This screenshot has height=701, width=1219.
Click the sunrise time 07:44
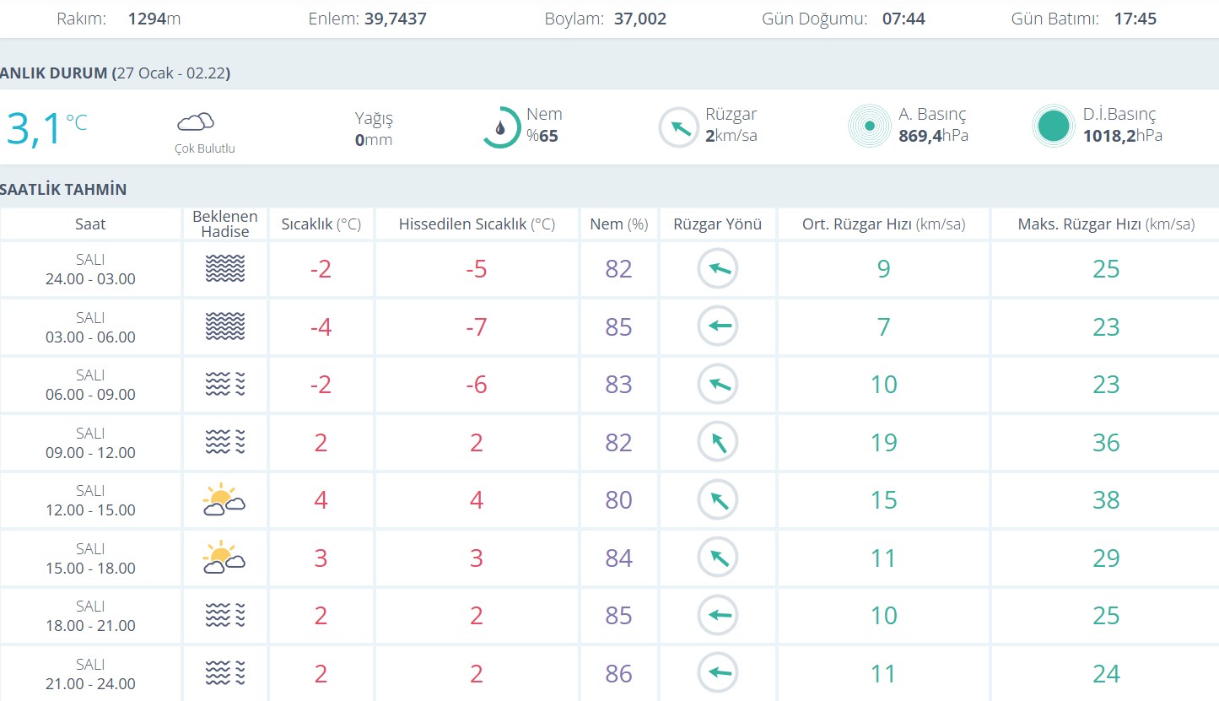[903, 19]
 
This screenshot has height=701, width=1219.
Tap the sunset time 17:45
[1135, 19]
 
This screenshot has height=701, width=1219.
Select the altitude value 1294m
[154, 19]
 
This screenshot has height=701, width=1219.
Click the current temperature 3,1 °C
[46, 128]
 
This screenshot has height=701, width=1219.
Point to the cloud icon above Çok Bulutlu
[195, 122]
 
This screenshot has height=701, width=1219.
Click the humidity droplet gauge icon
[501, 127]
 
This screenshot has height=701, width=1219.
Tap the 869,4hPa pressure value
[933, 135]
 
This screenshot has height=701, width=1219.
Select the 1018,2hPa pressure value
[1122, 135]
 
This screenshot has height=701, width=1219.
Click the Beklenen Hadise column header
[225, 224]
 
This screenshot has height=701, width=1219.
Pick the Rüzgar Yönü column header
[717, 224]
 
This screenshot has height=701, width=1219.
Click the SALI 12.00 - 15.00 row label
[90, 500]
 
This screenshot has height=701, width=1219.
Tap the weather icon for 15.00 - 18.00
[224, 558]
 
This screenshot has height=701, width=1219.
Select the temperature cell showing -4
[321, 326]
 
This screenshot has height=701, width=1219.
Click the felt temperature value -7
[477, 326]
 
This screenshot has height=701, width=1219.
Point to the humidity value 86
[618, 673]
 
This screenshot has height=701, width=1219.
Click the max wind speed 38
[1105, 500]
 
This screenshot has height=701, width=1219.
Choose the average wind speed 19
[883, 443]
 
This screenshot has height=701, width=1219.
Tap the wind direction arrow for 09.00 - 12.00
[718, 442]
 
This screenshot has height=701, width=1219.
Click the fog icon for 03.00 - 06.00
[225, 326]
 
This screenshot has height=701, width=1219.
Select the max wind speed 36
[1105, 443]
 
